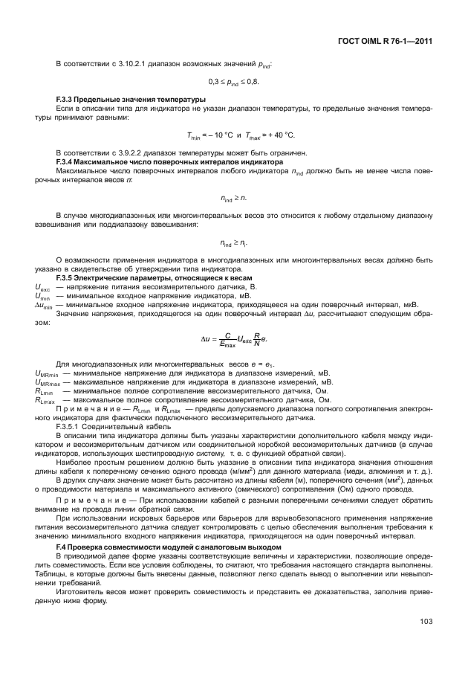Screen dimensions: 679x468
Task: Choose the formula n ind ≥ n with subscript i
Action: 234,242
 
